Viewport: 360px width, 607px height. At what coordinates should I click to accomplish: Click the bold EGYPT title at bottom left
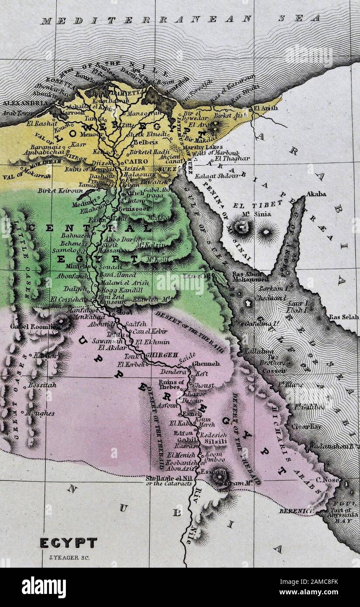[x=69, y=543]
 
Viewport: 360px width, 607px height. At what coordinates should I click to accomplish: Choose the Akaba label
[x=316, y=193]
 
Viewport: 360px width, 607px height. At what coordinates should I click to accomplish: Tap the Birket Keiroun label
[x=54, y=190]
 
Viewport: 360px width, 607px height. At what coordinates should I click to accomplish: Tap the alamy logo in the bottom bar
[x=44, y=587]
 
